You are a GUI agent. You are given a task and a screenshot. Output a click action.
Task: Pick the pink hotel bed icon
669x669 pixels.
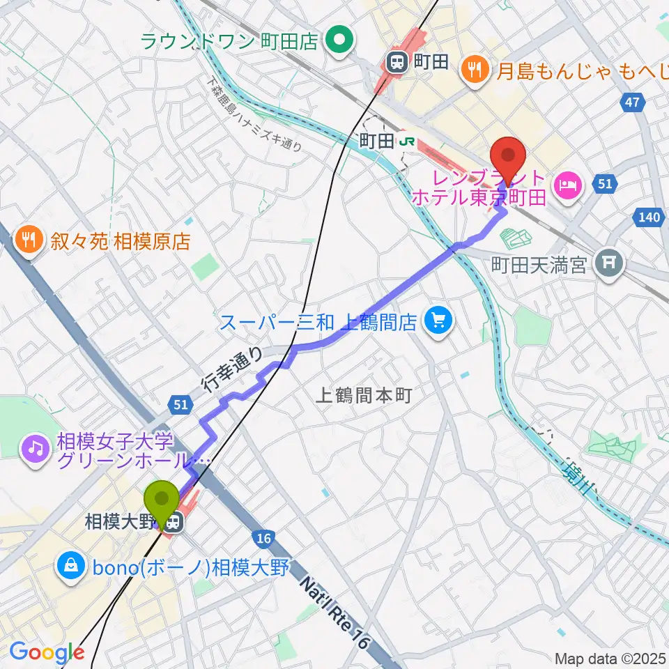[x=565, y=185]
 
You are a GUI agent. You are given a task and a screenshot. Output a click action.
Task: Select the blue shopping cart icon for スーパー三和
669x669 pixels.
[x=438, y=321]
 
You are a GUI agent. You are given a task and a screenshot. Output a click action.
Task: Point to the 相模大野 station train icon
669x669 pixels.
[x=174, y=520]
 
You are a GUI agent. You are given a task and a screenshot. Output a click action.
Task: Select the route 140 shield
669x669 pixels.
[x=648, y=218]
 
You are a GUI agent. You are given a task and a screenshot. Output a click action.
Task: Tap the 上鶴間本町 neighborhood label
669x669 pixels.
[x=364, y=395]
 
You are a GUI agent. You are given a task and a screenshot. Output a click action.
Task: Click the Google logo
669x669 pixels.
[x=47, y=653]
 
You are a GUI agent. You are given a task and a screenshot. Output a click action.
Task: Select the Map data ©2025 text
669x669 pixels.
[x=609, y=658]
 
